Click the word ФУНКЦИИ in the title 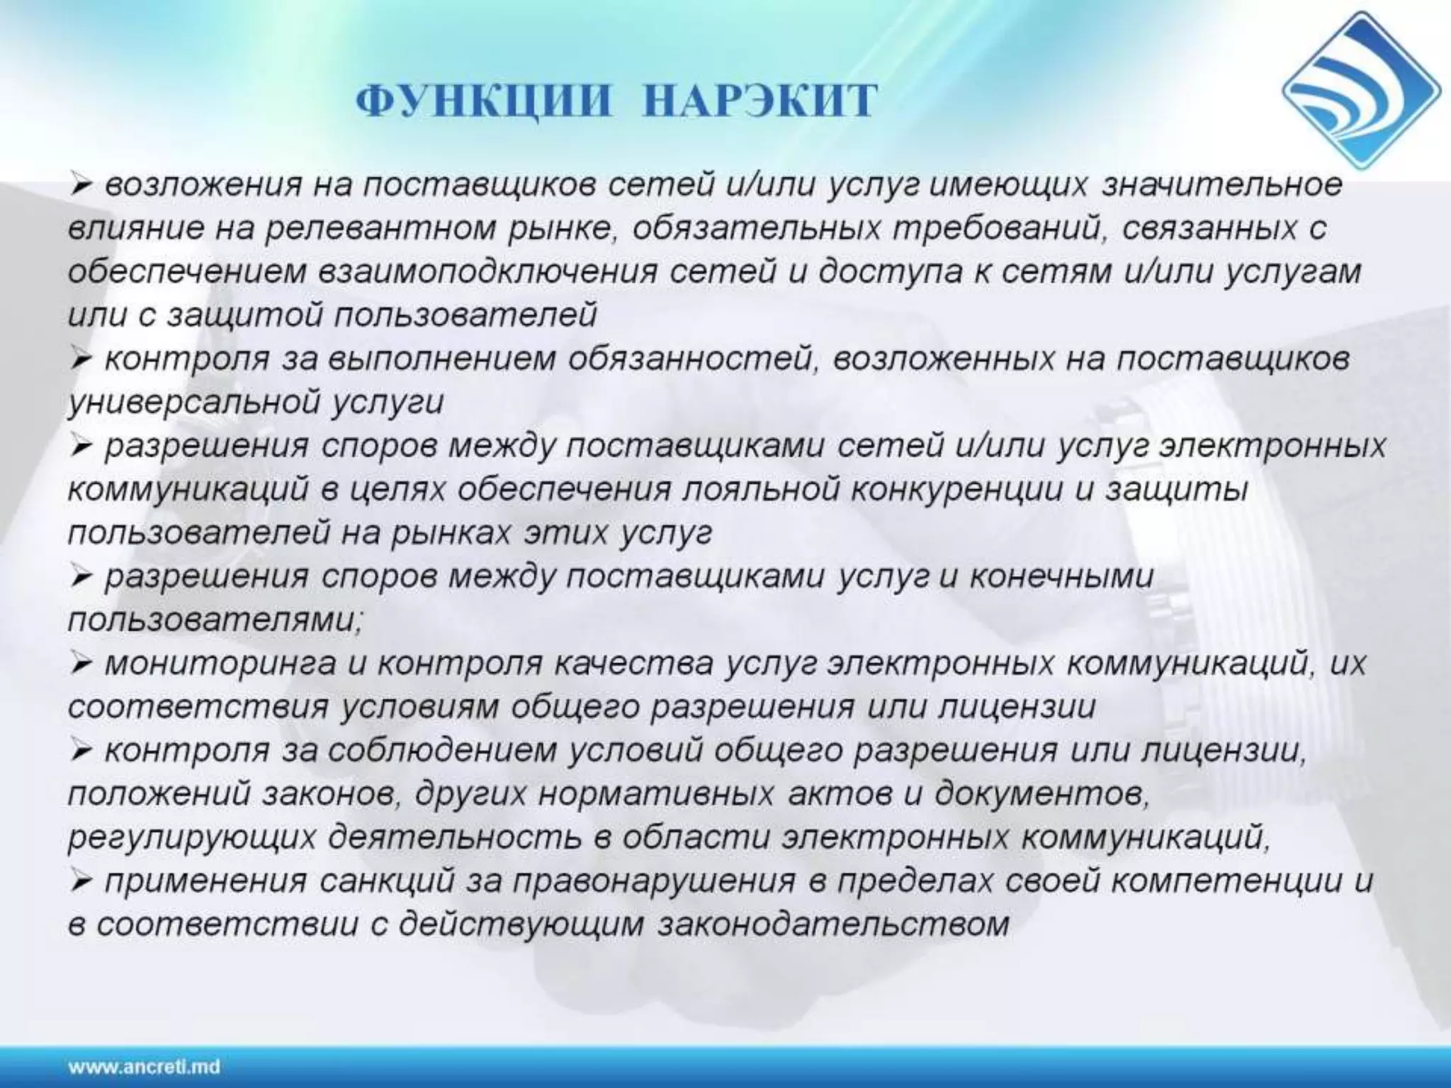pos(482,102)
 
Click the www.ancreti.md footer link pos(144,1066)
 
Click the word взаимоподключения pos(488,273)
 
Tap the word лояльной pos(758,490)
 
